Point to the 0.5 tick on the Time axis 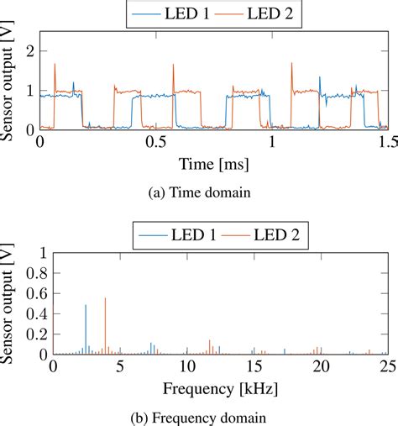(x=154, y=143)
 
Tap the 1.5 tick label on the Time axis (x=386, y=143)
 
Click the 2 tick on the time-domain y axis (x=31, y=52)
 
